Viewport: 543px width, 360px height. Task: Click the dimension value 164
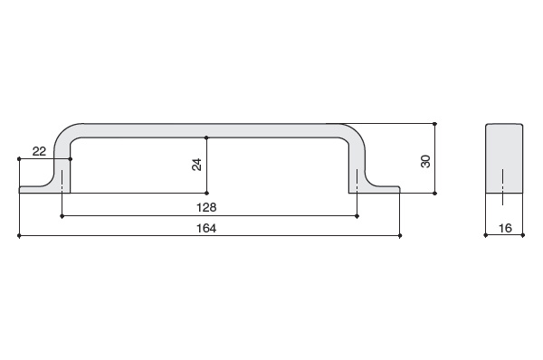pyautogui.click(x=206, y=229)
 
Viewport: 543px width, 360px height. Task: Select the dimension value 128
pyautogui.click(x=206, y=207)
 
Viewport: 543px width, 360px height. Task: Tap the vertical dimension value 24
pyautogui.click(x=196, y=165)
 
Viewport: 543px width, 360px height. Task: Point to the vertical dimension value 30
pyautogui.click(x=425, y=161)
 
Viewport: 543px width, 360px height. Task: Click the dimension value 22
pyautogui.click(x=39, y=151)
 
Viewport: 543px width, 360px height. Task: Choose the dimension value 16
pyautogui.click(x=505, y=228)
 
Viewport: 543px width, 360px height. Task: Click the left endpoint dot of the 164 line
pyautogui.click(x=19, y=236)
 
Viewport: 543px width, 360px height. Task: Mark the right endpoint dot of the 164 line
pyautogui.click(x=400, y=236)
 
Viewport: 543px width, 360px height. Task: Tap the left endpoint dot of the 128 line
pyautogui.click(x=62, y=216)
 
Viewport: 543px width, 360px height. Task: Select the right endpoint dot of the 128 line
pyautogui.click(x=357, y=216)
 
